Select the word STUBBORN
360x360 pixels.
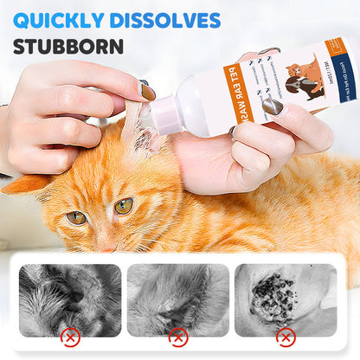point(68,47)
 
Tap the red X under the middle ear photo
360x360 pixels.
point(177,336)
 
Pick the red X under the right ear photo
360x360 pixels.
point(285,336)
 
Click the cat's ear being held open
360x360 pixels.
point(134,130)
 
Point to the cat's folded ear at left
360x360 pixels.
point(26,183)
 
